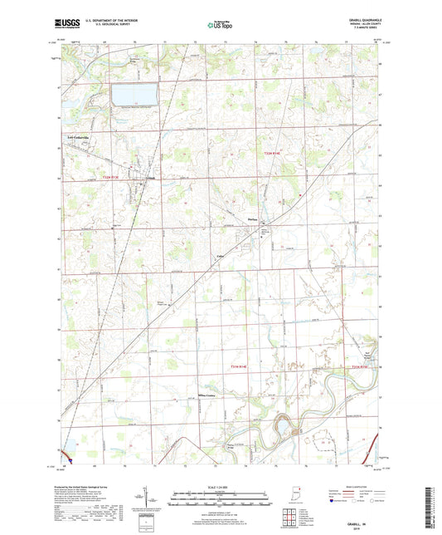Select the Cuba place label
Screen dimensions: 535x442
click(221, 257)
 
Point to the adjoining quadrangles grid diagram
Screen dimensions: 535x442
click(289, 517)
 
